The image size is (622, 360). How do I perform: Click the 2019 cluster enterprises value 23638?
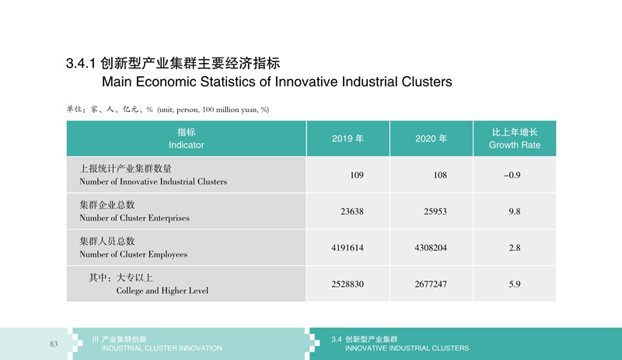click(352, 211)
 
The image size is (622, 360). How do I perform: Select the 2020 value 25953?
click(435, 211)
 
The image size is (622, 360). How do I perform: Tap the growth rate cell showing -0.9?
click(512, 175)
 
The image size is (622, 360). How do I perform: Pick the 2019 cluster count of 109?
click(357, 175)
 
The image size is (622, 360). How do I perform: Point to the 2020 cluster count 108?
click(440, 175)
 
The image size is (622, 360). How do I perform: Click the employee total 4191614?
click(347, 248)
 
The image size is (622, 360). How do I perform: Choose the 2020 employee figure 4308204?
click(431, 248)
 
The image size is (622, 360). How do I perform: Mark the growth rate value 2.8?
click(515, 248)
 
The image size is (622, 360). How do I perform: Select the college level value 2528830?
click(348, 284)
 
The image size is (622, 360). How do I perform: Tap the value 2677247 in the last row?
click(431, 284)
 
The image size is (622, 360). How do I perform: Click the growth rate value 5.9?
click(515, 284)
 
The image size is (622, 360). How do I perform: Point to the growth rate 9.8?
click(515, 211)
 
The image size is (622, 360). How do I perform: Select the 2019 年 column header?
click(348, 138)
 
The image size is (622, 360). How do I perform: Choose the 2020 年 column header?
click(432, 138)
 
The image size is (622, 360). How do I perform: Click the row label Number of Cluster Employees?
click(133, 254)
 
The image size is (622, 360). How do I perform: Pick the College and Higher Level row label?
click(162, 291)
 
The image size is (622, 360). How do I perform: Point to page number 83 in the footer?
click(54, 344)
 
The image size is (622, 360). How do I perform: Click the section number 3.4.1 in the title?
click(82, 64)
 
